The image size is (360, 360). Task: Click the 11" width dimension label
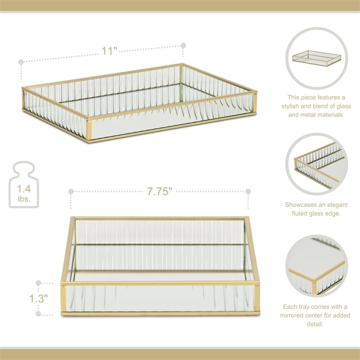pos(108,50)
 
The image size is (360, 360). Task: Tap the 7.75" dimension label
pos(160,192)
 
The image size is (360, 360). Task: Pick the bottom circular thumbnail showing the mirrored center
pos(316,265)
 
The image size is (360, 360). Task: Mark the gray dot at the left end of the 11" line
pos(20,62)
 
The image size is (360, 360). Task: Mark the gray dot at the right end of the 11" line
pos(183,45)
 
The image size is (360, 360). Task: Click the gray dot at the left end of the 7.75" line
pos(71,192)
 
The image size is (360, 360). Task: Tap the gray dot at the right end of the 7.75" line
pos(248,192)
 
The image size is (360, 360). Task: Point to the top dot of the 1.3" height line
pos(39,284)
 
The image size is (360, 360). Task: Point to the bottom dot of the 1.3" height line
pos(39,314)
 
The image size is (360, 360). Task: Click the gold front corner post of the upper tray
pos(90,130)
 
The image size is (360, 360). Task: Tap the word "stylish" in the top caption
pos(299,106)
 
